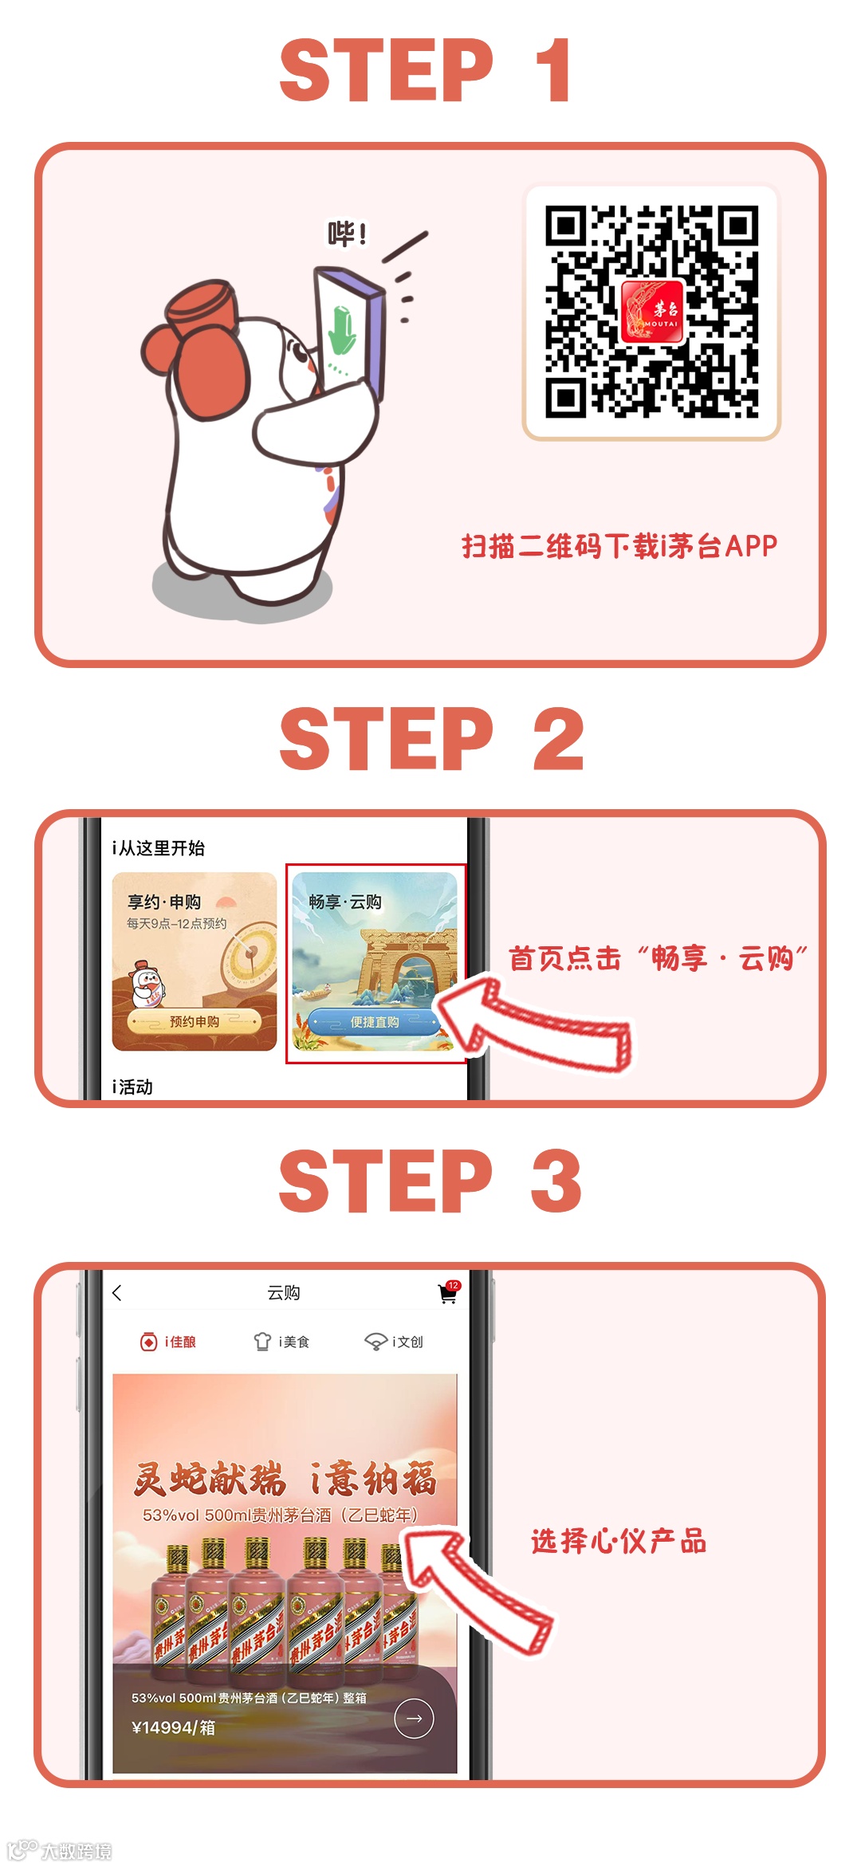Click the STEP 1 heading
click(x=425, y=70)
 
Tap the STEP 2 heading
click(x=431, y=739)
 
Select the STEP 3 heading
click(x=430, y=1181)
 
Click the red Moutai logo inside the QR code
click(x=652, y=312)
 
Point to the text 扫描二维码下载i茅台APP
click(x=619, y=546)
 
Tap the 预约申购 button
click(x=194, y=1021)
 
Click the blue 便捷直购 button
click(x=374, y=1022)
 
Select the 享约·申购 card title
click(x=164, y=902)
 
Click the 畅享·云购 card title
click(x=345, y=902)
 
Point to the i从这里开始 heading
click(x=159, y=847)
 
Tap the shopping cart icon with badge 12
click(x=449, y=1292)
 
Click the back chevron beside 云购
click(x=117, y=1293)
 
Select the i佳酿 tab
click(x=168, y=1342)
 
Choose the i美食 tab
click(x=281, y=1342)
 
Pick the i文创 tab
click(x=394, y=1342)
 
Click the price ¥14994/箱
click(x=173, y=1727)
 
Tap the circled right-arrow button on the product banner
click(x=414, y=1719)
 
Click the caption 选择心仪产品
click(x=619, y=1541)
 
